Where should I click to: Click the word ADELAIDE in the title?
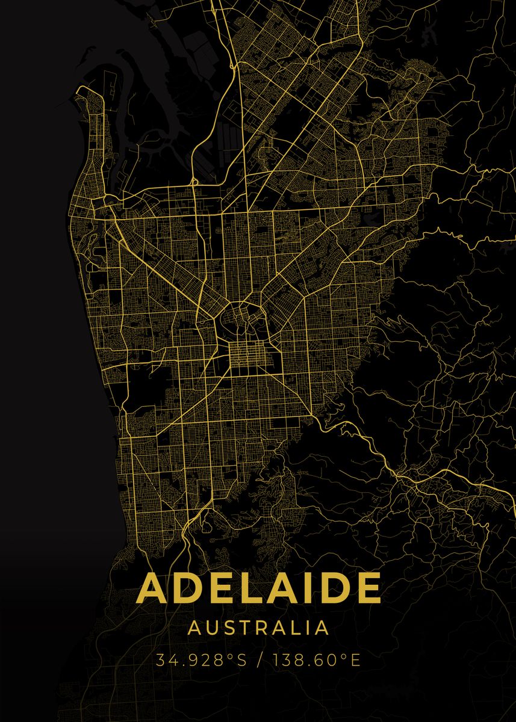click(259, 588)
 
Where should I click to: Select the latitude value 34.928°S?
click(201, 660)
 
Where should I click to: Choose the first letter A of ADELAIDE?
click(153, 588)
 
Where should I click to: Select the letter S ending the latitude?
click(241, 660)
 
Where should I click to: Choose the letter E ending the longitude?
click(355, 660)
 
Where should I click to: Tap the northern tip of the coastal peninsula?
click(81, 90)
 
